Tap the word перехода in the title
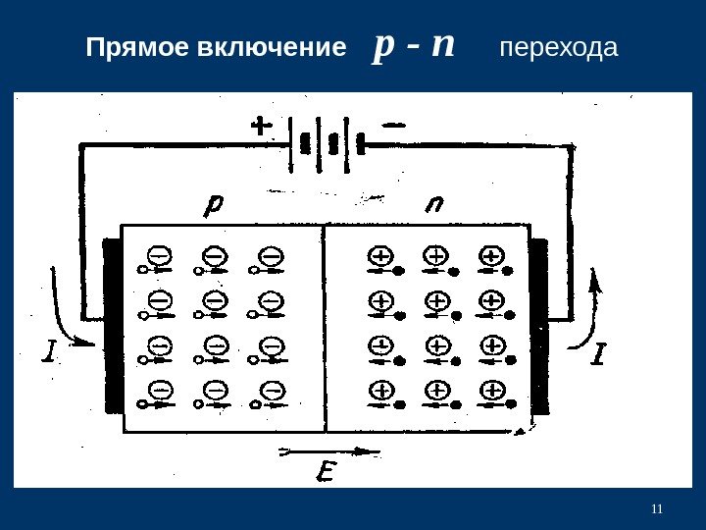point(560,48)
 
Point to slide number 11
point(657,507)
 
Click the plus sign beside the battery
point(262,127)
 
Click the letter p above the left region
point(214,206)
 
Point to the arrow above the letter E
point(328,452)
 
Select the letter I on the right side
point(599,353)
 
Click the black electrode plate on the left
point(111,324)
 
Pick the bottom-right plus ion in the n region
point(492,392)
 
